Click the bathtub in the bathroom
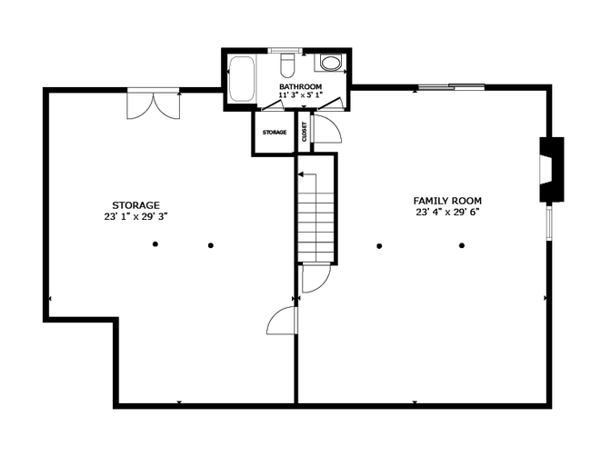click(x=242, y=79)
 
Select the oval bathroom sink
click(x=330, y=64)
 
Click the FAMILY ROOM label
click(x=447, y=201)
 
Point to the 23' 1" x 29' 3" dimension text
click(x=135, y=216)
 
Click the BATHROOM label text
click(x=300, y=86)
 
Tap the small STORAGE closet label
click(x=275, y=133)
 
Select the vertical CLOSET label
click(x=305, y=132)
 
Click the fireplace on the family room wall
click(x=551, y=170)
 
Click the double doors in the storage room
click(x=154, y=105)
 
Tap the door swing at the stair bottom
click(x=316, y=279)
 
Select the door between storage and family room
click(x=282, y=321)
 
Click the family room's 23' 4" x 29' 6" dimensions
click(x=447, y=213)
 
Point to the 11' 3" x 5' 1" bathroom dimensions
click(x=300, y=94)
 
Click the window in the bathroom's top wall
click(x=285, y=51)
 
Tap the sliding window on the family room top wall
click(x=452, y=87)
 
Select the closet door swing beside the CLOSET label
click(x=327, y=129)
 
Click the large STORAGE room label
click(x=135, y=205)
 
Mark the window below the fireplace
click(x=549, y=223)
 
